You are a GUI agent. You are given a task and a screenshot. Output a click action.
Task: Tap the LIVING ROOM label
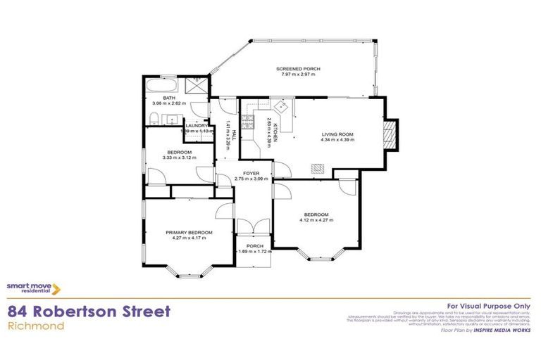tap(337, 134)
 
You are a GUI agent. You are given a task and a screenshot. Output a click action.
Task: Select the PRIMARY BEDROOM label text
tap(189, 232)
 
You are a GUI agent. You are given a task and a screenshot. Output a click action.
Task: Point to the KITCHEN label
tap(275, 131)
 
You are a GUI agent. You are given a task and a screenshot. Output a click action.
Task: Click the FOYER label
tap(251, 173)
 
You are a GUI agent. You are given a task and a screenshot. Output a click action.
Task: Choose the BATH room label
tap(169, 98)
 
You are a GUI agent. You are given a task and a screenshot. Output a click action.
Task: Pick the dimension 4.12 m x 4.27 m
tap(316, 220)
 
